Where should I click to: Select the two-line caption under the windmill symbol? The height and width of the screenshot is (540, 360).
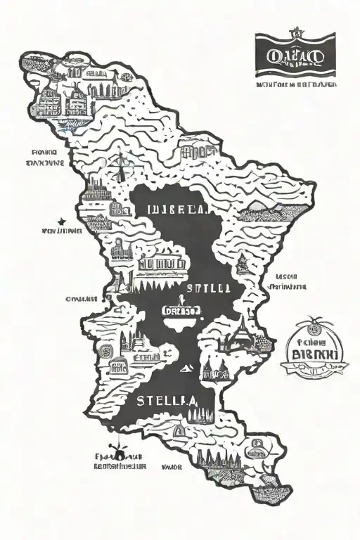pyautogui.click(x=120, y=461)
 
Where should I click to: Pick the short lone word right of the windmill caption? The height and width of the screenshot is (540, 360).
pyautogui.click(x=172, y=465)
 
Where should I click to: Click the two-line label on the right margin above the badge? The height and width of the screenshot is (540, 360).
pyautogui.click(x=288, y=282)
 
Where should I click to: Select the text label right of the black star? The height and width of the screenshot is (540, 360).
pyautogui.click(x=62, y=230)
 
